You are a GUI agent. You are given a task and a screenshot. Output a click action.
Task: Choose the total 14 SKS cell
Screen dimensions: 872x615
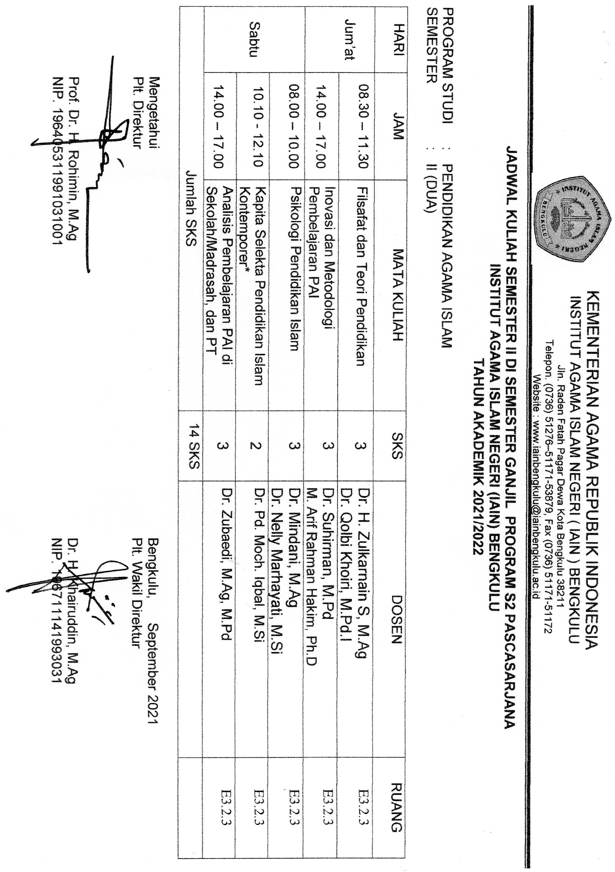click(192, 445)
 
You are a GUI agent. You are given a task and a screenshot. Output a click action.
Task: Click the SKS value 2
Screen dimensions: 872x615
click(254, 445)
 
